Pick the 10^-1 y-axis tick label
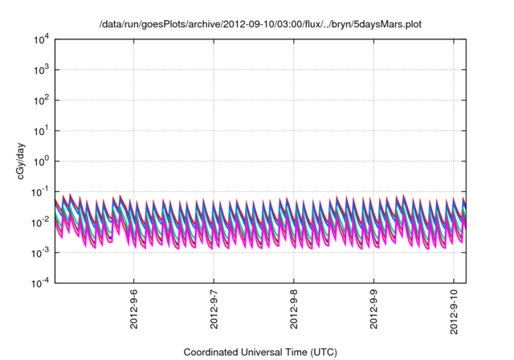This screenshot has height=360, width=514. [41, 191]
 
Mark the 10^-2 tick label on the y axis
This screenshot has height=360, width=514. [41, 222]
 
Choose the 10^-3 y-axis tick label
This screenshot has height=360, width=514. [41, 252]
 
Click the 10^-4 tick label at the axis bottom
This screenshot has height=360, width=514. [41, 282]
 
